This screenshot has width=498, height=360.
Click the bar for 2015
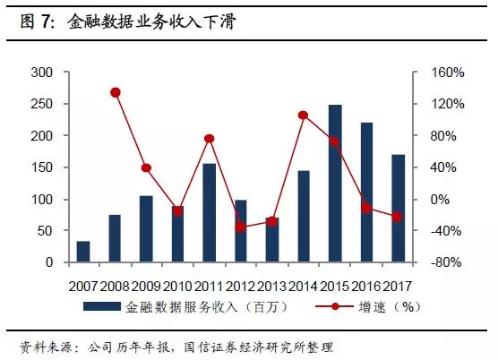[x=335, y=184]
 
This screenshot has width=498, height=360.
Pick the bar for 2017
[x=398, y=209]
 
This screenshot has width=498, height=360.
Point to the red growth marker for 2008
[x=115, y=92]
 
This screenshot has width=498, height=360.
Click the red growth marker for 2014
[x=303, y=115]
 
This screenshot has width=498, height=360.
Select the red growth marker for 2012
[x=240, y=227]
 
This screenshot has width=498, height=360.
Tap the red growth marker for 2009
[x=146, y=167]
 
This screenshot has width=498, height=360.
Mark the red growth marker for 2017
[x=398, y=217]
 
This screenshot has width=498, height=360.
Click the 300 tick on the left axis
[x=42, y=73]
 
